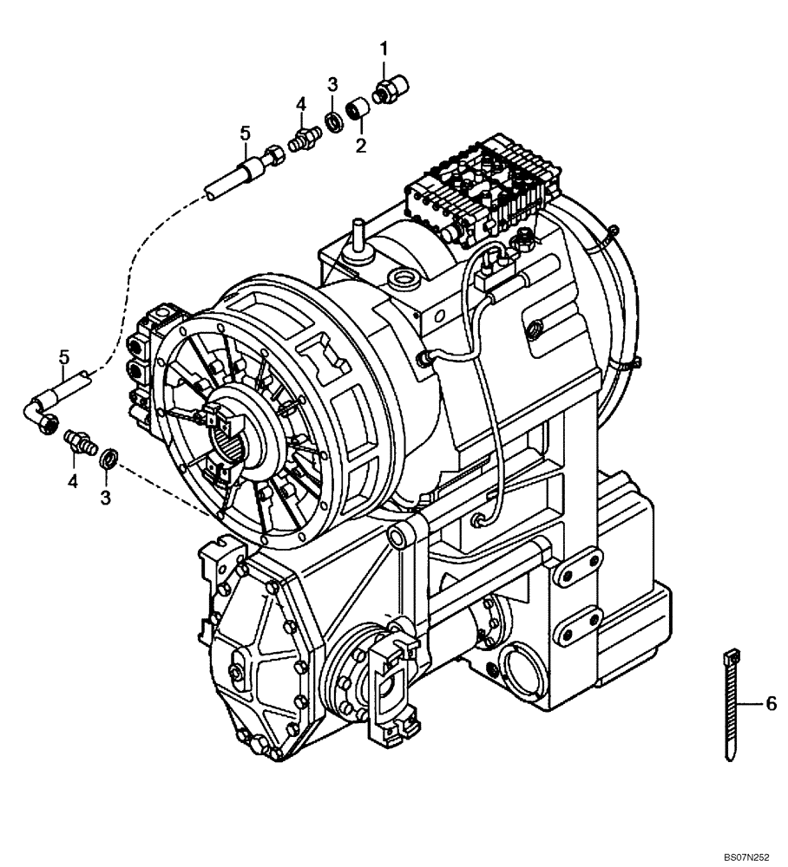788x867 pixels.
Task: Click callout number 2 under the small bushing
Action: (x=360, y=145)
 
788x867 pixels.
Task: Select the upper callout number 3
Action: (x=332, y=83)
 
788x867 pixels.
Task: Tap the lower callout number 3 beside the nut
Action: (x=106, y=497)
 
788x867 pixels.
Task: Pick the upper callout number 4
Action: (x=301, y=104)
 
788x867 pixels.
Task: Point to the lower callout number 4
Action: (x=73, y=480)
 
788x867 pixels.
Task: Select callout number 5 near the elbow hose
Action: (x=64, y=357)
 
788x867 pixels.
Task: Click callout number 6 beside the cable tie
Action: (x=771, y=706)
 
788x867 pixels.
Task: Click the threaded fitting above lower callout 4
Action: (x=79, y=440)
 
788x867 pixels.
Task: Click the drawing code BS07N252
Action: (x=745, y=855)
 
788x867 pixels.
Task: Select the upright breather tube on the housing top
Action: (x=355, y=238)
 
